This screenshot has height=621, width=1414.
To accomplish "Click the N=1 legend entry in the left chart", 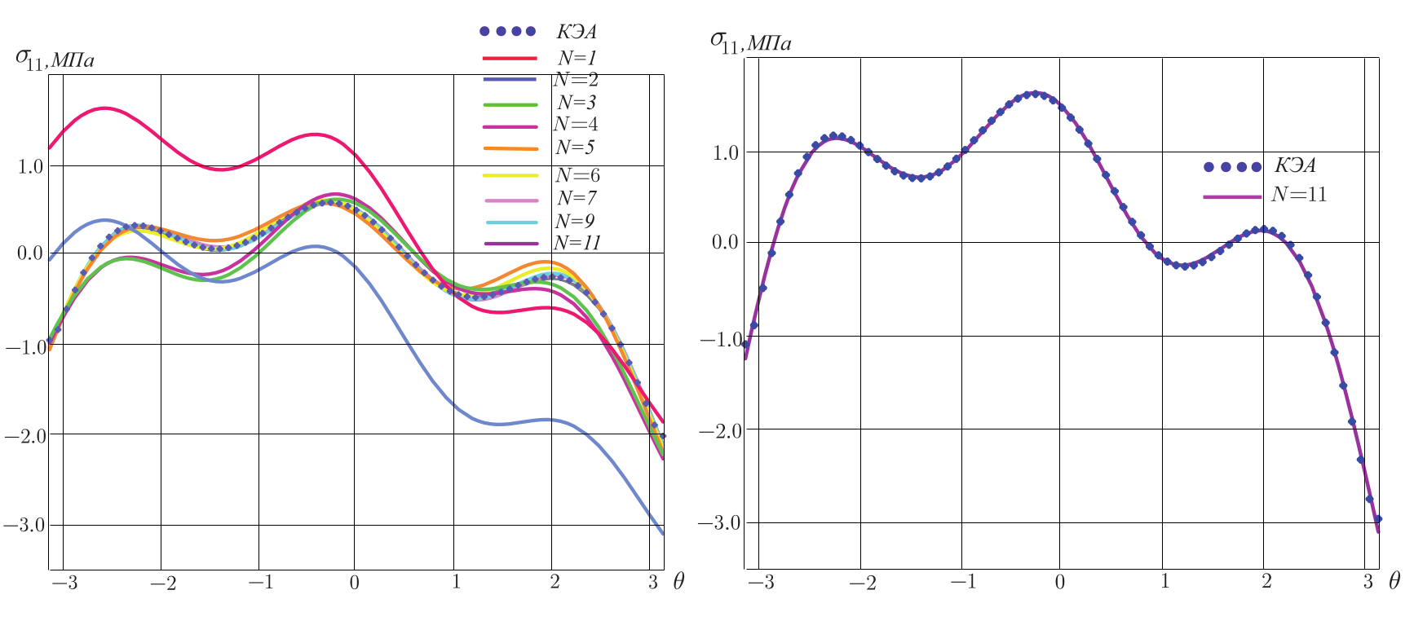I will pyautogui.click(x=577, y=58).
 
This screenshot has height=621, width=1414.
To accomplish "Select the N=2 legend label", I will pyautogui.click(x=576, y=80).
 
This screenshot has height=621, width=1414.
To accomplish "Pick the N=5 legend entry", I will pyautogui.click(x=577, y=148).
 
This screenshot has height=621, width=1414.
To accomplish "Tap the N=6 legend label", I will pyautogui.click(x=577, y=175).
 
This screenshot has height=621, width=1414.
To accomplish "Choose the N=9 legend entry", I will pyautogui.click(x=577, y=221).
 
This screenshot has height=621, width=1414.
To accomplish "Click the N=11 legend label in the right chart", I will pyautogui.click(x=1299, y=195).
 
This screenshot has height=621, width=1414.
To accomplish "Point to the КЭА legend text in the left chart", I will pyautogui.click(x=577, y=32).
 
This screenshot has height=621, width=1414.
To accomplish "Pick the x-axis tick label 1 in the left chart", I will pyautogui.click(x=456, y=582).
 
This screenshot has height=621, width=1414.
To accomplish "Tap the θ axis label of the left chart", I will pyautogui.click(x=678, y=582).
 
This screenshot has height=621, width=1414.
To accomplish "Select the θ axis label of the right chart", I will pyautogui.click(x=1394, y=581).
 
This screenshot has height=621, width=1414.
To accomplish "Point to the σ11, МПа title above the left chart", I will pyautogui.click(x=55, y=58).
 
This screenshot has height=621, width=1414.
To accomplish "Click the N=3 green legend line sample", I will pyautogui.click(x=510, y=103).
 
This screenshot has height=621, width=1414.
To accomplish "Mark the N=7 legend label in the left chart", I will pyautogui.click(x=577, y=198).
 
